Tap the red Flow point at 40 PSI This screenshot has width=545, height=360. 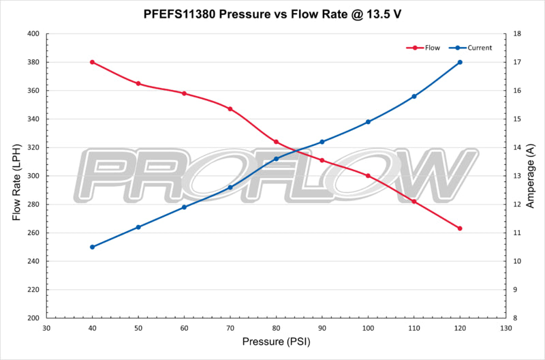(92, 62)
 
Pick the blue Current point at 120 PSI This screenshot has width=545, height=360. (460, 62)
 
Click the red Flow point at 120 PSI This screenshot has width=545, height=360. (460, 228)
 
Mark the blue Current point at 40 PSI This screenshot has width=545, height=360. (92, 247)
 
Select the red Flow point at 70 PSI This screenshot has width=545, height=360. (230, 109)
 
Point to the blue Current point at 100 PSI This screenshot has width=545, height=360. (368, 122)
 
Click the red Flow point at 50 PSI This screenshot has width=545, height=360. (138, 84)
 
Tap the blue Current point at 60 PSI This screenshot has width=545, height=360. (184, 207)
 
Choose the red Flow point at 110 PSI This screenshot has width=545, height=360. (414, 201)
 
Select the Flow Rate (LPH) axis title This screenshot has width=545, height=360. (16, 176)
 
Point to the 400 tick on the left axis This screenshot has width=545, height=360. (33, 34)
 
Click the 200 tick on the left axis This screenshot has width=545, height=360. (33, 318)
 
